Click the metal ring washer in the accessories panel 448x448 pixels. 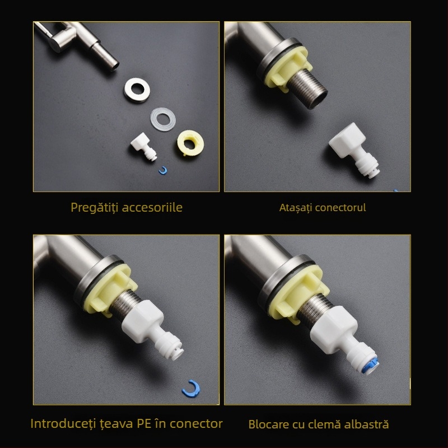pos(136,90)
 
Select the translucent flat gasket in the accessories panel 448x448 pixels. pos(163,119)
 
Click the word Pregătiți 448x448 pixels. pos(96,207)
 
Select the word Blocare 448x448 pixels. pos(268,424)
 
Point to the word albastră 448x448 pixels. pos(368,424)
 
